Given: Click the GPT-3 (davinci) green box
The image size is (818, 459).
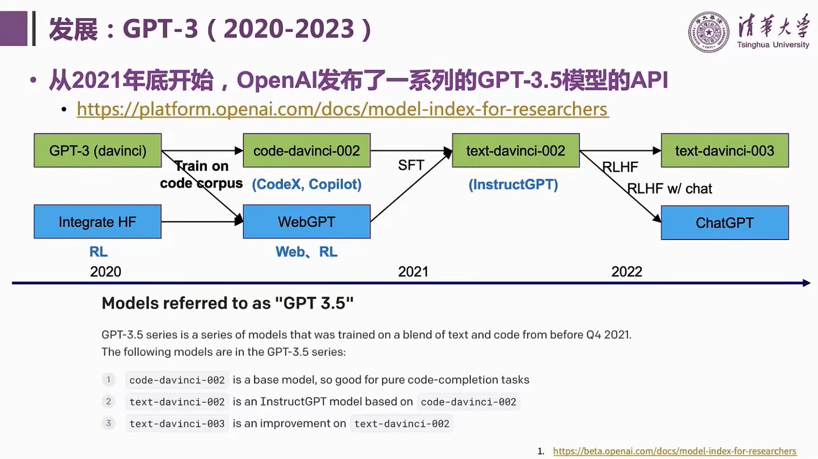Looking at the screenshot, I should [x=98, y=150].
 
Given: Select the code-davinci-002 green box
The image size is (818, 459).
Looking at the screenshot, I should [x=307, y=150].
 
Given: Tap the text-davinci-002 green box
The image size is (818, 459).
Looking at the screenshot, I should [x=515, y=150].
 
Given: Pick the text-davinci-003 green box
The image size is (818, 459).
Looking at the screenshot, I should [x=724, y=150].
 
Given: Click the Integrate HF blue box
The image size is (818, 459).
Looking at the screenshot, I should [x=98, y=222].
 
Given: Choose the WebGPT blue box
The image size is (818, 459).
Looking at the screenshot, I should [x=307, y=222].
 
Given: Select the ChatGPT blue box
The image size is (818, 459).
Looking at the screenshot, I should [x=724, y=222].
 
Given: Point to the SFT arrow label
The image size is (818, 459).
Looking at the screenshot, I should [x=411, y=165].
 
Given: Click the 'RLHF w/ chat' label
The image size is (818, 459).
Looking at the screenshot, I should [x=670, y=189].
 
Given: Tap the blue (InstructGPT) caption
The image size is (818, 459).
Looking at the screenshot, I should [x=513, y=184].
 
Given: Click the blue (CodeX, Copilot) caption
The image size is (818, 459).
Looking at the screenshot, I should [x=307, y=184].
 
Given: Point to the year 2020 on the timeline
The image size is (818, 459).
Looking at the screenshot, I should [x=105, y=272].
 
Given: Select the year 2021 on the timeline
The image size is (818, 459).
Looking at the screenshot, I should [x=413, y=272].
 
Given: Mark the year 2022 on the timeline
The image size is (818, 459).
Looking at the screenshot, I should [x=626, y=272].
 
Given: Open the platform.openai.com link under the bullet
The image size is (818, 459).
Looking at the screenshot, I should [x=342, y=109].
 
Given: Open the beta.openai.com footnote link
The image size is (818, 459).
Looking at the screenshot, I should [x=675, y=451].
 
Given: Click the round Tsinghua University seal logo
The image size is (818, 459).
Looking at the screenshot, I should [x=709, y=32].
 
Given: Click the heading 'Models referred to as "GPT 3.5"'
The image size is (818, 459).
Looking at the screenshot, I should [x=227, y=303].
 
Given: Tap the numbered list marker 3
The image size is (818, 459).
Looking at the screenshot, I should [x=108, y=423].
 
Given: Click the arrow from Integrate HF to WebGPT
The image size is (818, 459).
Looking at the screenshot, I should [x=202, y=222].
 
